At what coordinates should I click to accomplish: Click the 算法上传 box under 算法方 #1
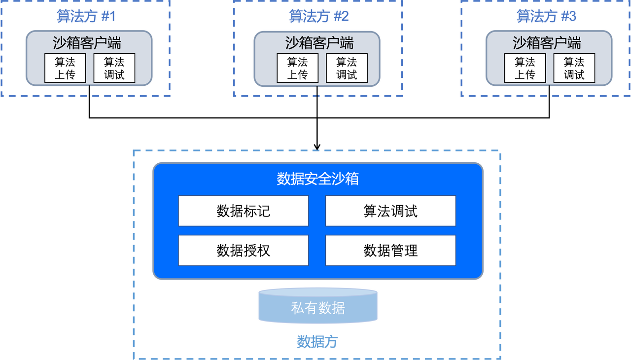click(x=65, y=68)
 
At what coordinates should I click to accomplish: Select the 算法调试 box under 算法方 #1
click(x=114, y=68)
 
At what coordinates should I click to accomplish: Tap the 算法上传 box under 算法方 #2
click(x=297, y=68)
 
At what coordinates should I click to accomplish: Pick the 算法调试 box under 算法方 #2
click(x=347, y=68)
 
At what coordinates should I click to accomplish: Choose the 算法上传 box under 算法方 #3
click(x=525, y=68)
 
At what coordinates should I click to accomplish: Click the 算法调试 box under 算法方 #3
click(x=574, y=68)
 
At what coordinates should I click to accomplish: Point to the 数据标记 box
click(x=244, y=211)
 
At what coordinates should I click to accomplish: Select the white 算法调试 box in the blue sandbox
click(x=390, y=211)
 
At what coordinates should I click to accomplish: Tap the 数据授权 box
click(x=244, y=251)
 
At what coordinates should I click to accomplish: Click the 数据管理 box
click(x=390, y=251)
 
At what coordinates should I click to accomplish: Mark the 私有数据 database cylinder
click(x=318, y=307)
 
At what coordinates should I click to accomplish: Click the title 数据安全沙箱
click(x=318, y=179)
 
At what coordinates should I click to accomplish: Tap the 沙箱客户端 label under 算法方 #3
click(x=547, y=43)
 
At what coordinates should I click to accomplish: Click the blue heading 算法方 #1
click(x=86, y=17)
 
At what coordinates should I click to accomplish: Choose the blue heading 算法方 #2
click(x=318, y=17)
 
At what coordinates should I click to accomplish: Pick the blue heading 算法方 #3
click(x=546, y=17)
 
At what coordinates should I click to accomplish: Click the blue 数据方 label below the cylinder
click(x=317, y=342)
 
